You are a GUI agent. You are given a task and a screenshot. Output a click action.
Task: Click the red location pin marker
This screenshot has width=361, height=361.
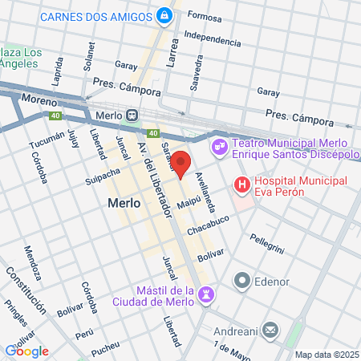point(181,164)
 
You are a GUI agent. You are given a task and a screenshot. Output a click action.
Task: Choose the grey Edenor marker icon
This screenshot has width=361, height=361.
point(241,281)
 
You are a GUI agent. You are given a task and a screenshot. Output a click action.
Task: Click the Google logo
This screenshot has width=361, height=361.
point(27,351)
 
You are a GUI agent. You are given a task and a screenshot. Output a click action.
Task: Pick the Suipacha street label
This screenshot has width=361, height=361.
point(103,176)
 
